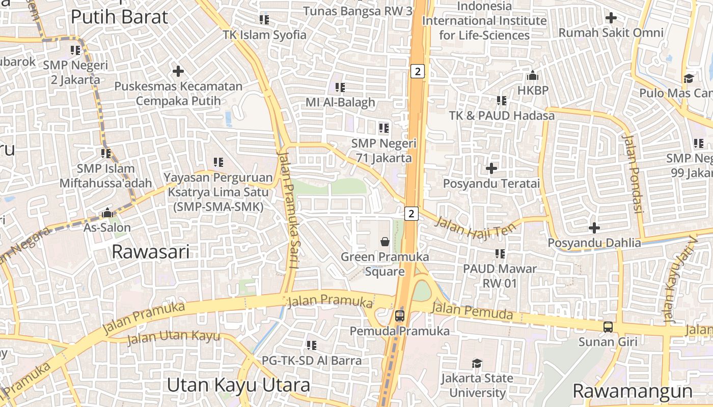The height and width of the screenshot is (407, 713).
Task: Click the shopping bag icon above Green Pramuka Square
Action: point(385,241)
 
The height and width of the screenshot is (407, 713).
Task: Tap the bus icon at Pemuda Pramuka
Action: point(400,316)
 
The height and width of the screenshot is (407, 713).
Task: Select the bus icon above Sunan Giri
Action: point(608,327)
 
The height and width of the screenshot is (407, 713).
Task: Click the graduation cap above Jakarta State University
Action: point(477,363)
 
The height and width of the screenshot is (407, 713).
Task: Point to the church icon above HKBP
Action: point(533,76)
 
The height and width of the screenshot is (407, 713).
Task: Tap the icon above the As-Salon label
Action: point(107,213)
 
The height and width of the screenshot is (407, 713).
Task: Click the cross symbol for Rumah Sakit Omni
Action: point(611,18)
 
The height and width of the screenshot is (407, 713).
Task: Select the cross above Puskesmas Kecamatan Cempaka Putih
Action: point(178,71)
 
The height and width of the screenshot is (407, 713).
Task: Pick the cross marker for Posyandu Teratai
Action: point(491,168)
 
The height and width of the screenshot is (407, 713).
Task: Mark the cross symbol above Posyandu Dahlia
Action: point(594,228)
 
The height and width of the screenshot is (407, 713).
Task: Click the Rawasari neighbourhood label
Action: point(150,251)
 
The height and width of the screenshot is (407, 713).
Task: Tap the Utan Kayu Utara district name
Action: point(238,385)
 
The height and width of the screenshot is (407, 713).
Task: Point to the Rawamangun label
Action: point(633,391)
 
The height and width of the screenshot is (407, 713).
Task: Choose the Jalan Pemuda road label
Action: point(472,311)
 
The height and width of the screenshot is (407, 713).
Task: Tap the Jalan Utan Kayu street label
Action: point(173,337)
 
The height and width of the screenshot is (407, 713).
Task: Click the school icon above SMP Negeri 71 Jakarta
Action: point(383,128)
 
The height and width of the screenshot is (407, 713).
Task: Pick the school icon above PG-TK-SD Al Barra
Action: point(312,345)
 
